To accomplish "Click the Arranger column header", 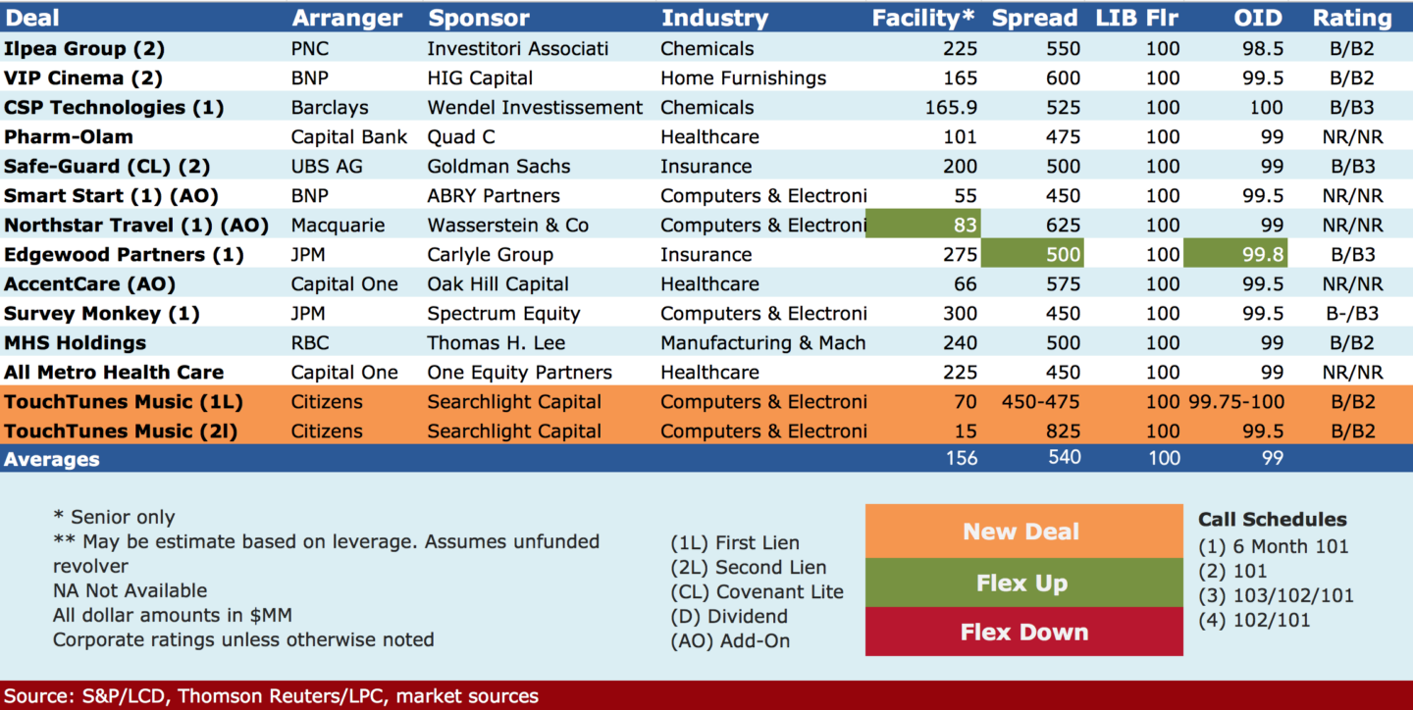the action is (347, 18).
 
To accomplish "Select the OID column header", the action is (1258, 18).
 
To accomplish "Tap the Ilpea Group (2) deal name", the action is (84, 49).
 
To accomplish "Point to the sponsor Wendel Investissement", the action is (535, 107).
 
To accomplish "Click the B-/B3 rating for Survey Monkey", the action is (1352, 314).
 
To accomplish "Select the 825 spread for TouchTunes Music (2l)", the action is (1063, 431).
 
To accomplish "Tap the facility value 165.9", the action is (951, 107).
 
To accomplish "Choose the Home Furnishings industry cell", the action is (743, 78).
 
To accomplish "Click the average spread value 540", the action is (1064, 457).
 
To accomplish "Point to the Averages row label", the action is (52, 459).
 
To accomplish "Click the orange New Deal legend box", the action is (1023, 531).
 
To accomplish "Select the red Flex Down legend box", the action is (1023, 632).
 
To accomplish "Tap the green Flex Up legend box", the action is (1023, 583).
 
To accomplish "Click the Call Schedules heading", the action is (1273, 519).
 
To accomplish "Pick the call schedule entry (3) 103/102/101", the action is (1276, 595).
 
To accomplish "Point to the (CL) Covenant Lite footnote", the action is (757, 591).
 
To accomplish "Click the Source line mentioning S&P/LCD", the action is (271, 695).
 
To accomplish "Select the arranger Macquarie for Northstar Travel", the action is (338, 226).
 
